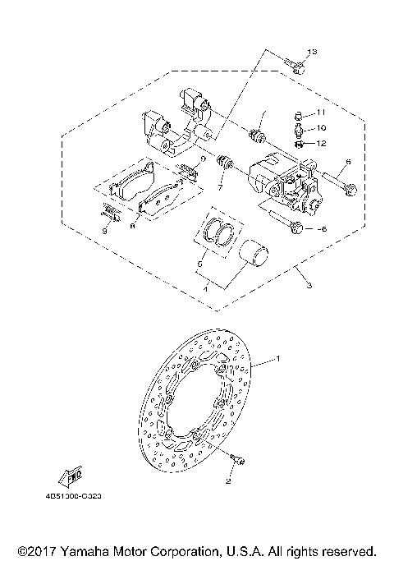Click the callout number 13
point(310,53)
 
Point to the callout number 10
point(322,127)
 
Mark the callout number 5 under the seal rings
point(197,265)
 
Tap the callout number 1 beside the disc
point(277,359)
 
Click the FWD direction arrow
point(67,476)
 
